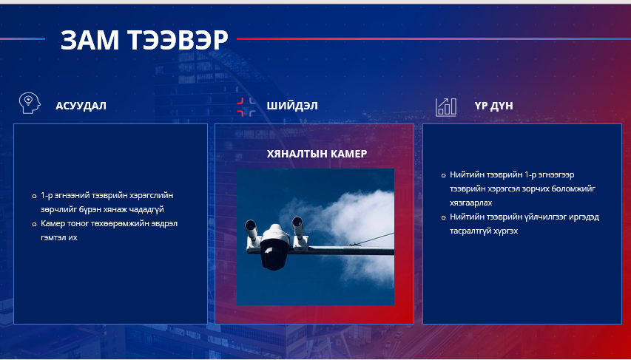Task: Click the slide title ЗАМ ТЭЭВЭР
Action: click(x=144, y=40)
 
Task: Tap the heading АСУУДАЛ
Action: click(x=81, y=106)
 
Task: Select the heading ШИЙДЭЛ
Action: click(x=292, y=106)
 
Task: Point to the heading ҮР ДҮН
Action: click(x=493, y=106)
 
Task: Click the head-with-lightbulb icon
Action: click(x=30, y=103)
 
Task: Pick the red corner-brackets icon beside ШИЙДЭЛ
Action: click(x=246, y=106)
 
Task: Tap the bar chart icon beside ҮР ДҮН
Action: click(x=446, y=107)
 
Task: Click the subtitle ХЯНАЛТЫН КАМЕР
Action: click(x=317, y=154)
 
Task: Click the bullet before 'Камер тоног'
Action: click(x=34, y=224)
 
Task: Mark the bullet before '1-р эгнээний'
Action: click(x=34, y=197)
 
